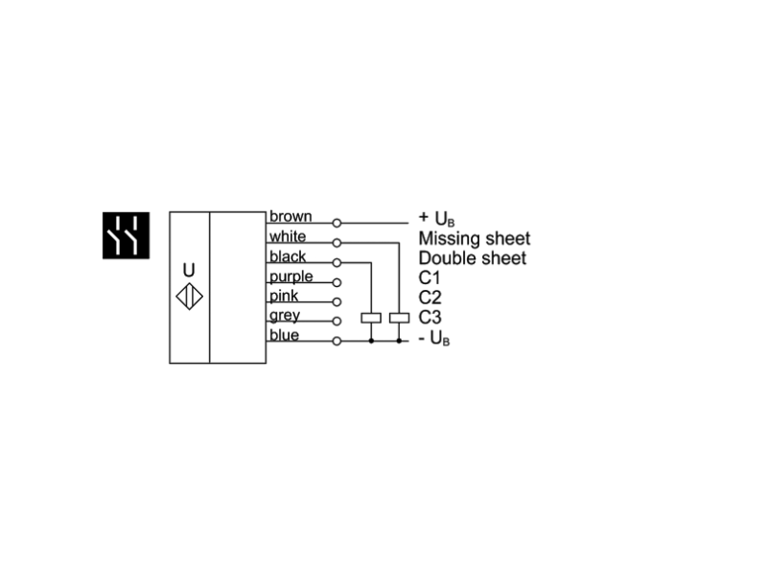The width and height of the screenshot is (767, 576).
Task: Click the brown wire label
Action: (290, 216)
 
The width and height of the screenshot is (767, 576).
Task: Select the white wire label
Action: (287, 236)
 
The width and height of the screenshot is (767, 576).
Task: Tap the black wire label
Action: (288, 256)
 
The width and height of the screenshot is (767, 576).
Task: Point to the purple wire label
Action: (291, 276)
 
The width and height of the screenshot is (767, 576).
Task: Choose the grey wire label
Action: (285, 315)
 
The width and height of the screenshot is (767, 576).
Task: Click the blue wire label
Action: (284, 335)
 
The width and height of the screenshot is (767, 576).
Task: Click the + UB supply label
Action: (437, 219)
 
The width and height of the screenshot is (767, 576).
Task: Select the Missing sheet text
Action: (474, 238)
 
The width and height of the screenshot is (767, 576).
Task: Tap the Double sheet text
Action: (472, 258)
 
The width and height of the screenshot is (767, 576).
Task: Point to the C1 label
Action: (430, 277)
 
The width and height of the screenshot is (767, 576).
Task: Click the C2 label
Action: (430, 297)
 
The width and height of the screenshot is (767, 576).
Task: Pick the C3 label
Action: (430, 317)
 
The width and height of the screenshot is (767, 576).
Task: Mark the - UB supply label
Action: (435, 338)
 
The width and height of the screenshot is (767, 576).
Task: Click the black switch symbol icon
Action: (127, 234)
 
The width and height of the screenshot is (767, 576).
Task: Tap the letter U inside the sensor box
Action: (188, 270)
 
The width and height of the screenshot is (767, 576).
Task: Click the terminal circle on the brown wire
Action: (337, 222)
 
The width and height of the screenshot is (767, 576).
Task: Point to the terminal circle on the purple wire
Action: (337, 281)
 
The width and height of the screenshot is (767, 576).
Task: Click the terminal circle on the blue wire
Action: (337, 340)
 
